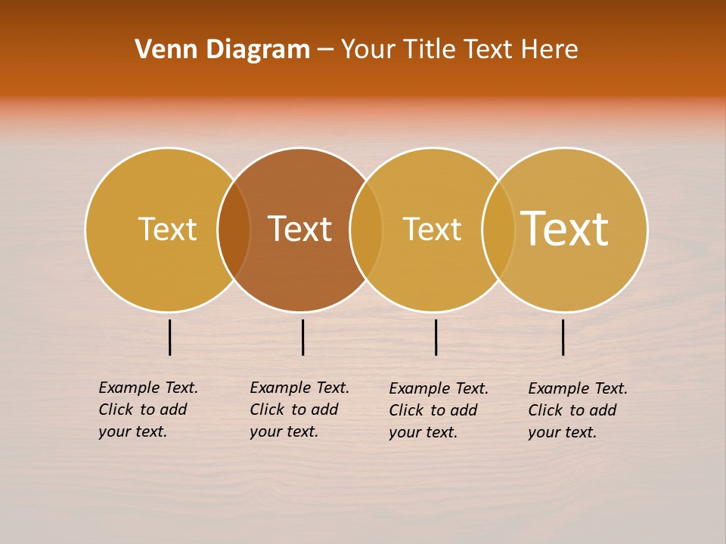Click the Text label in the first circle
click(167, 229)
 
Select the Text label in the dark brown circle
click(299, 229)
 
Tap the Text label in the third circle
click(432, 229)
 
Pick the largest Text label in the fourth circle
click(564, 228)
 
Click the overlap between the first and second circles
click(234, 229)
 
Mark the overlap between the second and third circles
click(366, 229)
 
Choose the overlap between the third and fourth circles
click(498, 229)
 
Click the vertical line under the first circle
click(170, 337)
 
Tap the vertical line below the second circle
click(302, 337)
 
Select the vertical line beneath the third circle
click(436, 337)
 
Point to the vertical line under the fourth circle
click(563, 337)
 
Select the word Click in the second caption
click(267, 410)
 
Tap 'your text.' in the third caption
click(423, 432)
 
